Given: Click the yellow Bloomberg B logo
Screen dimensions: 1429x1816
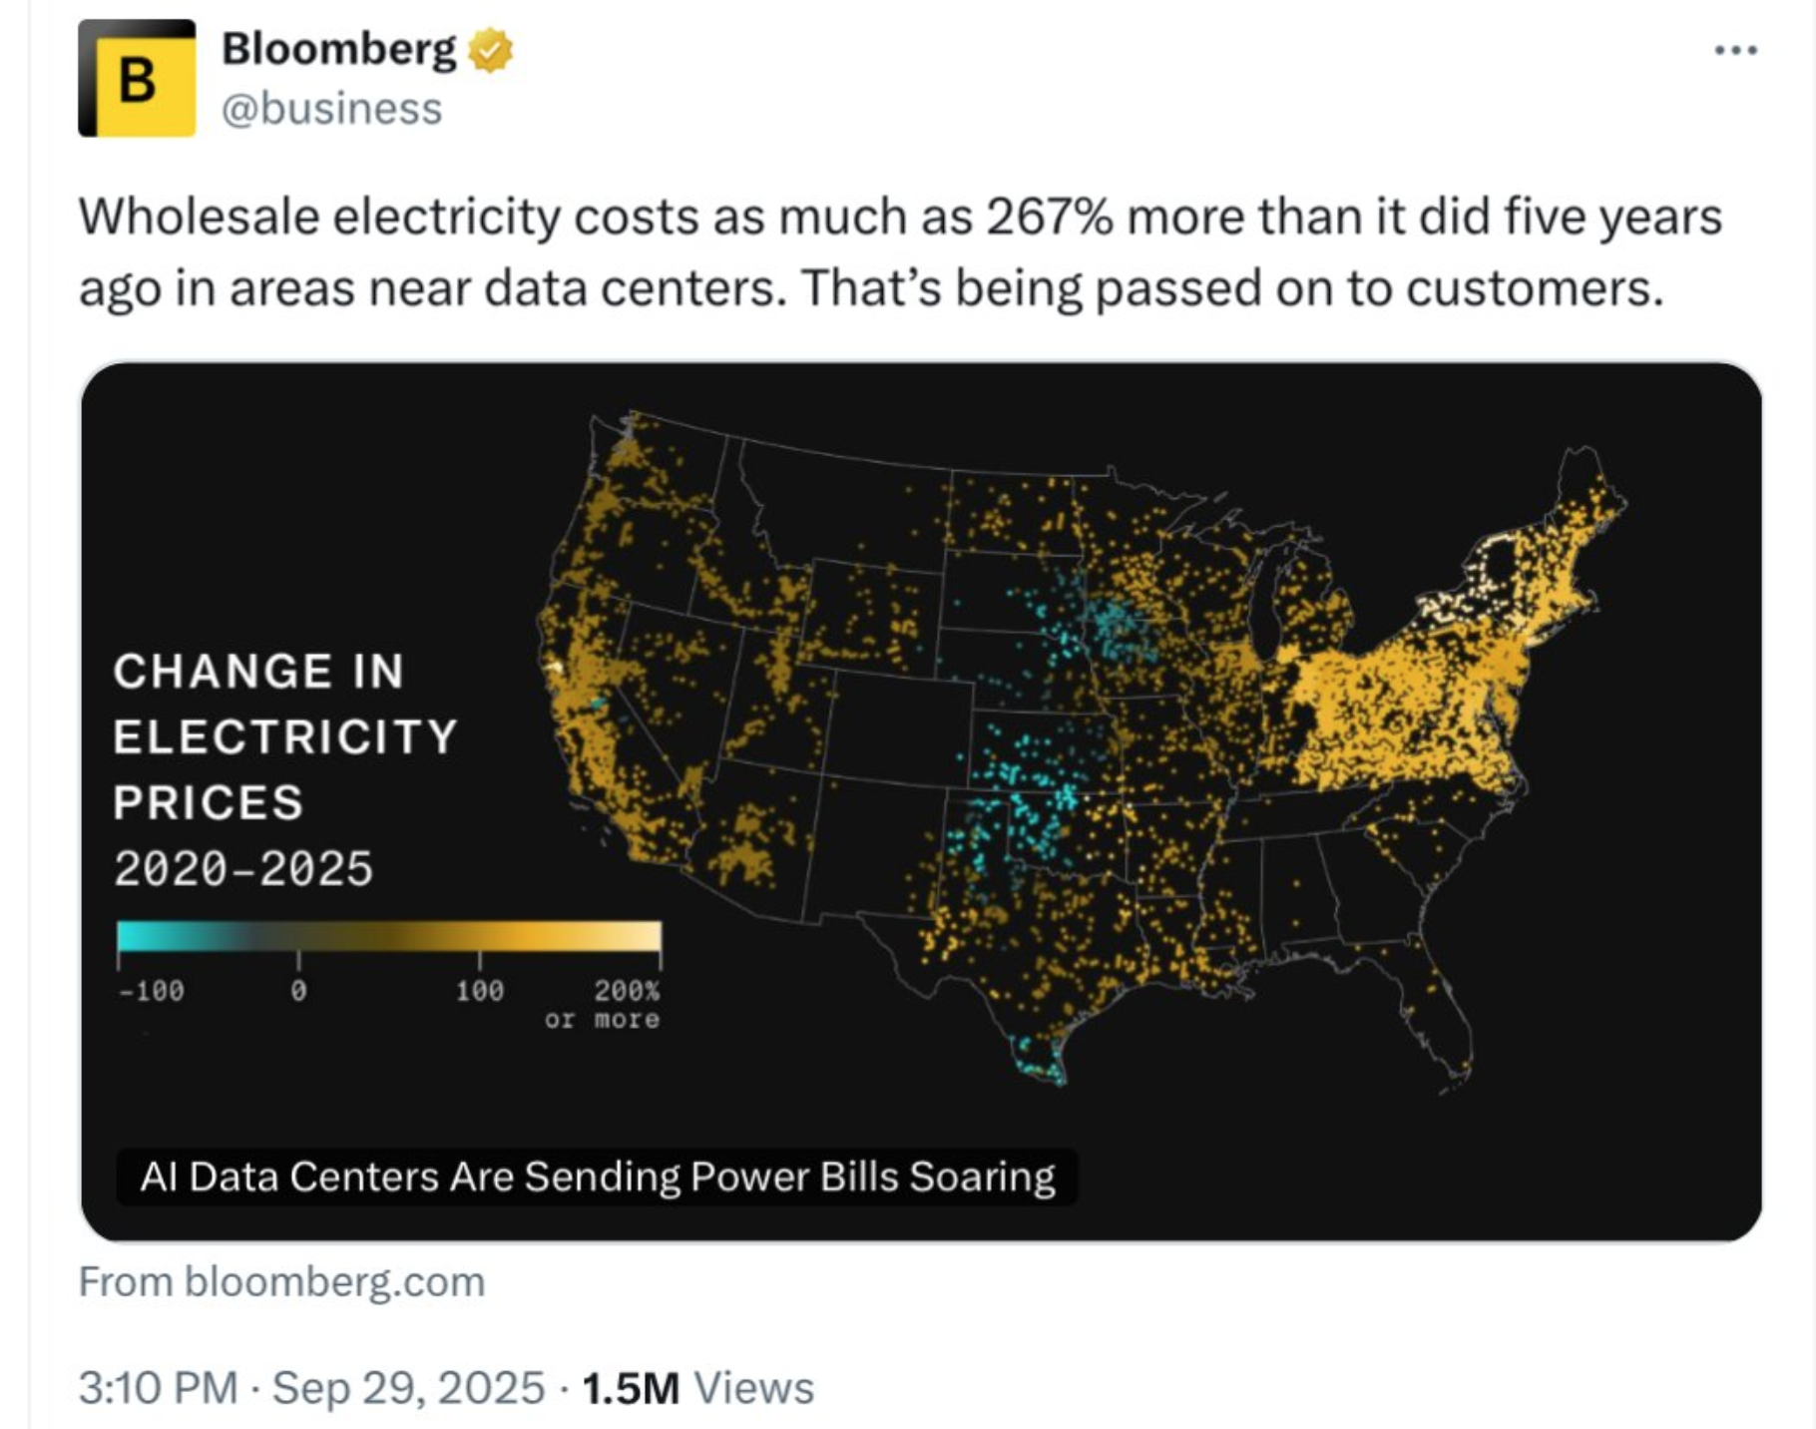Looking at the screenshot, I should coord(137,78).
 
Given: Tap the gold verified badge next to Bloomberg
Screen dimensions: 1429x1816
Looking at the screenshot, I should coord(490,50).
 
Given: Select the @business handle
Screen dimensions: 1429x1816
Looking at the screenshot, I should coord(331,109).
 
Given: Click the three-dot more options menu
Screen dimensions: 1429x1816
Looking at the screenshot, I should coord(1735,50).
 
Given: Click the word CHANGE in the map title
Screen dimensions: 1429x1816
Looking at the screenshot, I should coord(222,671).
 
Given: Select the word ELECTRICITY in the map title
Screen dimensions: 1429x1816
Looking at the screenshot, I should coord(285,737).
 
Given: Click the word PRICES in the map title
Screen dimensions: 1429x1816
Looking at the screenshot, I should coord(209,802).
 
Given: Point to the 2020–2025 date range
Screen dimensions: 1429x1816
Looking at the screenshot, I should coord(243,868).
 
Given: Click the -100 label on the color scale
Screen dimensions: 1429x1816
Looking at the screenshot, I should coord(152,991).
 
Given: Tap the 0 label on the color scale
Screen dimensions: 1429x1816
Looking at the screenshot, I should coord(298,991).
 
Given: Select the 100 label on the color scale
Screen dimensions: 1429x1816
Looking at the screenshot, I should coord(480,991).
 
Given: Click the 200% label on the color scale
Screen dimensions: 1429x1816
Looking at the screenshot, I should coord(627,991).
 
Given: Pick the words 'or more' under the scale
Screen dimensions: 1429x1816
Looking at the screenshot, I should coord(602,1020).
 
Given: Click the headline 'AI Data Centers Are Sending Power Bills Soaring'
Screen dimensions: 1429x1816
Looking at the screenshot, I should coord(597,1178).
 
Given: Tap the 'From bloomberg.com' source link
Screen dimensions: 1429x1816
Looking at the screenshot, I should coord(281,1282).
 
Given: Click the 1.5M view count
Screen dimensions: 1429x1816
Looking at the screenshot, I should coord(631,1388).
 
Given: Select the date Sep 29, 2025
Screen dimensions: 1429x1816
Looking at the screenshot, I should coord(408,1388).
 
